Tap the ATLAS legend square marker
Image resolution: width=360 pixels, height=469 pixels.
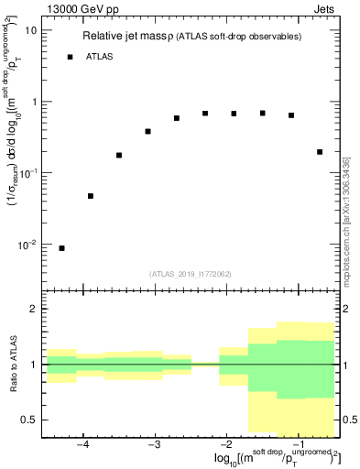pos(70,57)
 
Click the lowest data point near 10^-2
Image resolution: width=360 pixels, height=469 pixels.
pos(61,248)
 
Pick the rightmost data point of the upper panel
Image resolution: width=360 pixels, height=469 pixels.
pos(320,152)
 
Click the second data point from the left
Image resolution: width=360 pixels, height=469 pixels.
pos(91,196)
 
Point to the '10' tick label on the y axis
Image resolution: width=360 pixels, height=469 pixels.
pos(29,30)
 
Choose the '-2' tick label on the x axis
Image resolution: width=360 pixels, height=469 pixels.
pos(225,446)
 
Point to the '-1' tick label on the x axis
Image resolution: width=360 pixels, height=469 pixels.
pos(297,446)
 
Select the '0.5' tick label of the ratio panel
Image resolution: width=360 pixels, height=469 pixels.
pos(28,420)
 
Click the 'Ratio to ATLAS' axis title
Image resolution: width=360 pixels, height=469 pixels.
pos(12,365)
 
